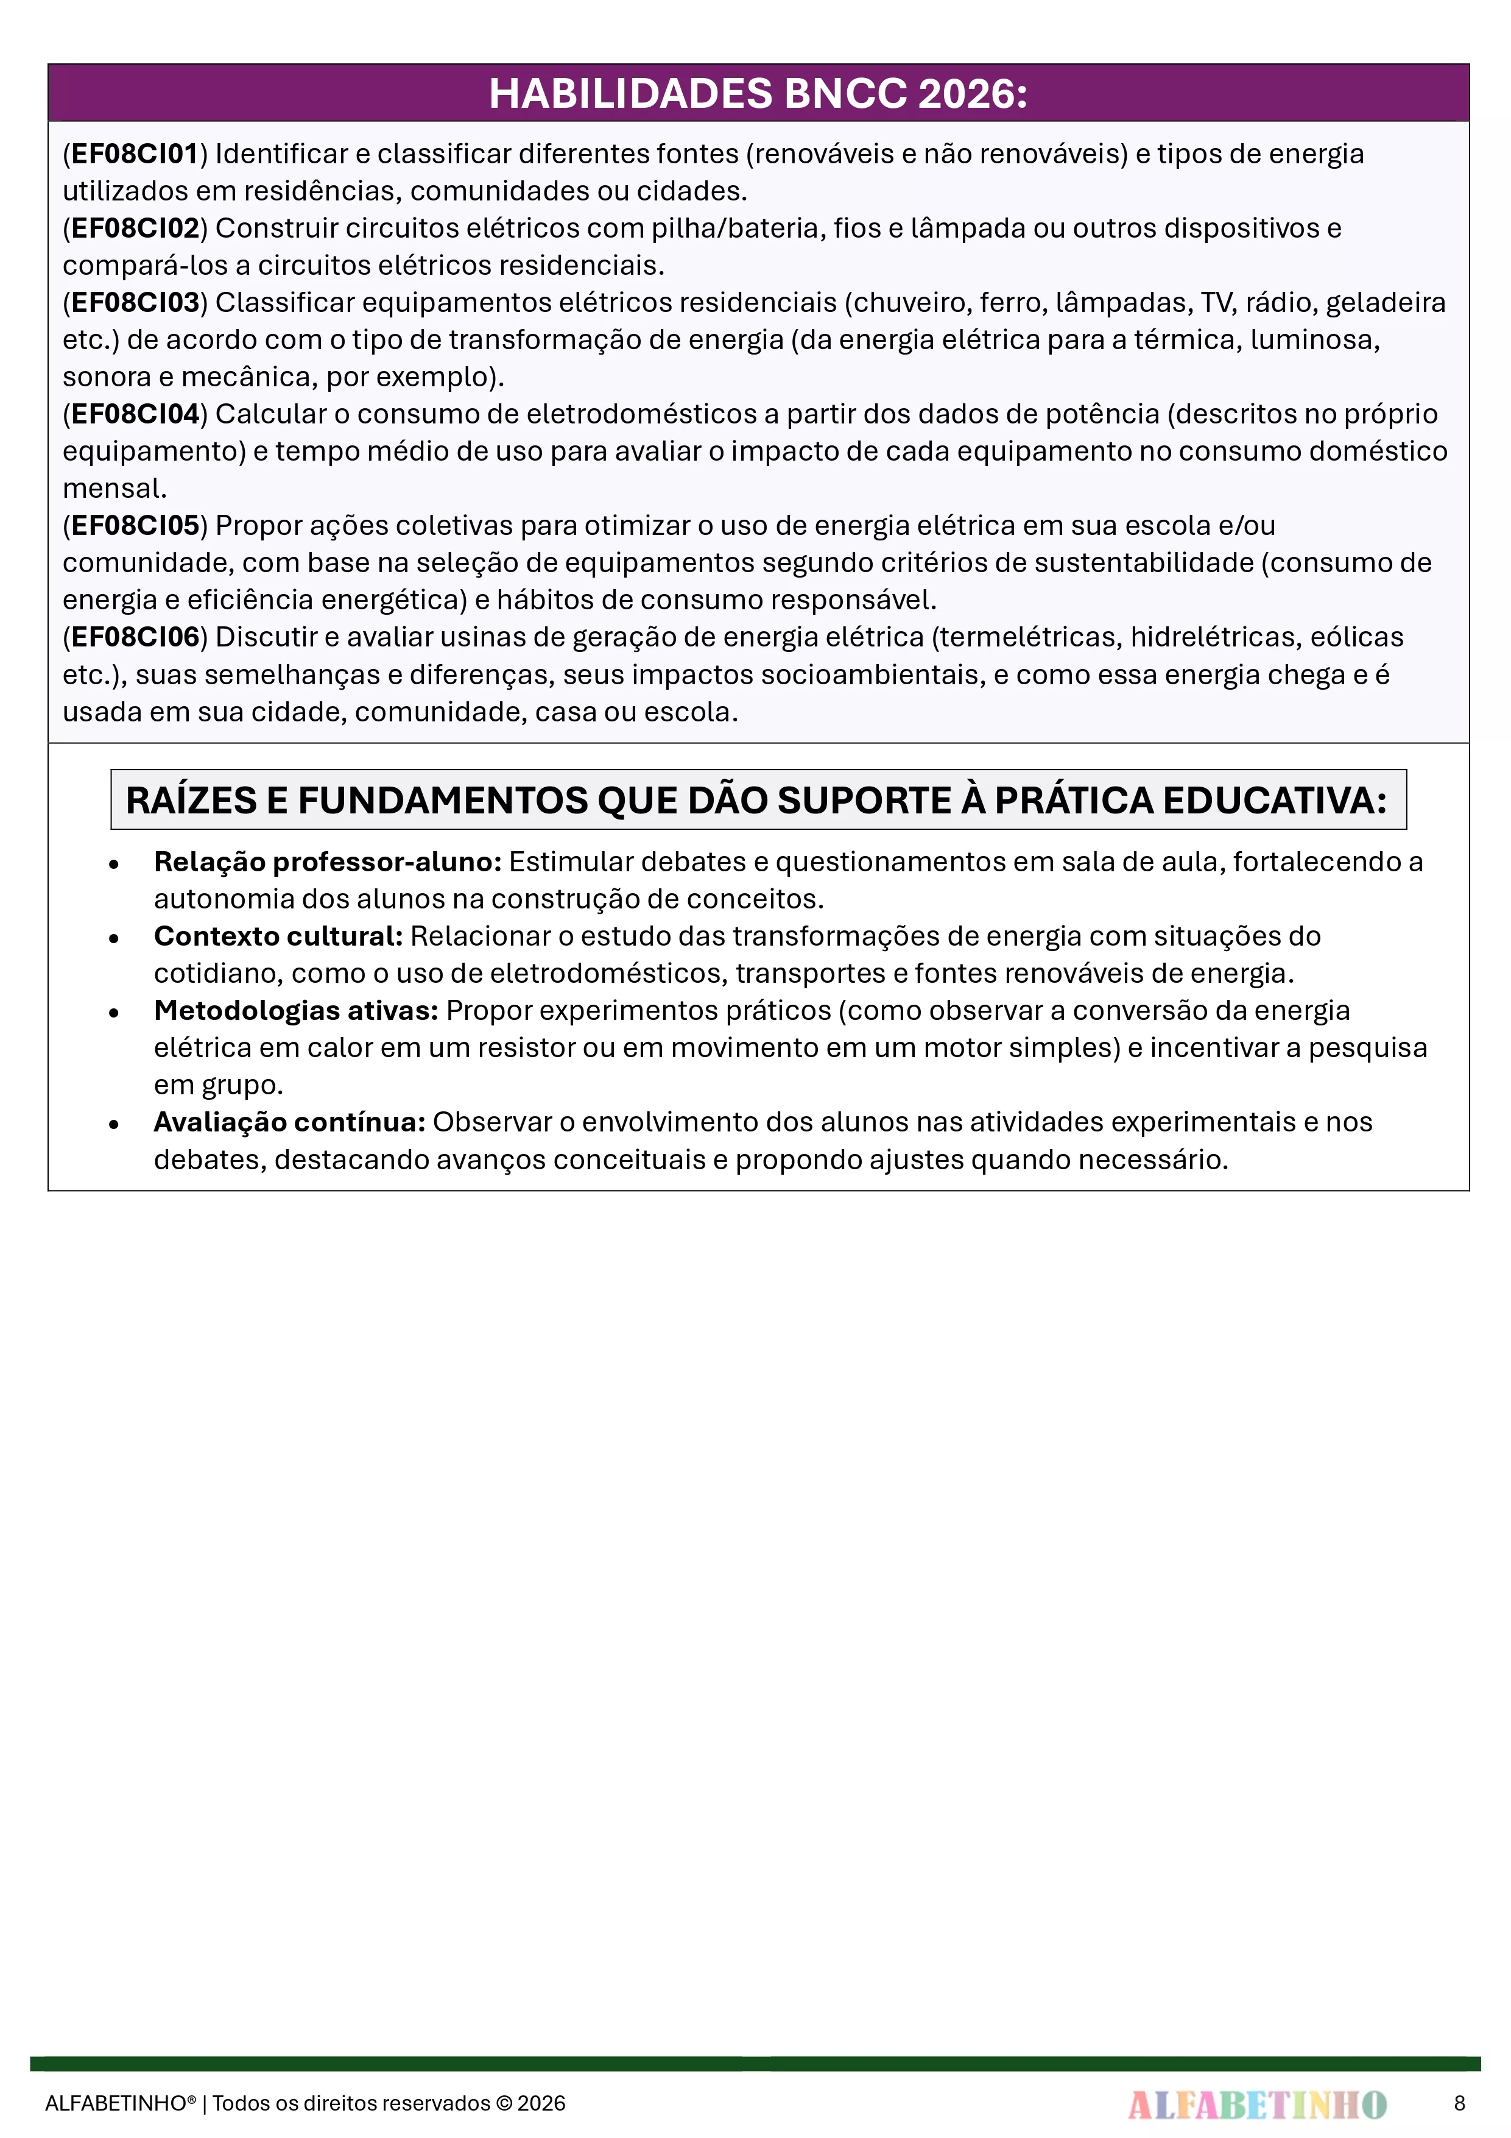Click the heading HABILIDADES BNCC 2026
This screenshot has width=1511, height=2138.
click(758, 94)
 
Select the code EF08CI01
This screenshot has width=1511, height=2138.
click(136, 154)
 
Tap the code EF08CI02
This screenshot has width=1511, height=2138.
click(136, 228)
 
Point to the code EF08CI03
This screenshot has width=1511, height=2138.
click(136, 303)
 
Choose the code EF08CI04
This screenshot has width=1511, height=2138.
click(136, 414)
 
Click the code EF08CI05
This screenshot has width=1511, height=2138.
click(136, 526)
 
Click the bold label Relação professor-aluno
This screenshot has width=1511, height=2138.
click(327, 862)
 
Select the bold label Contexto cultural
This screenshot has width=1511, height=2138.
click(278, 936)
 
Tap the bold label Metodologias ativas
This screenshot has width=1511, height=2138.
click(295, 1011)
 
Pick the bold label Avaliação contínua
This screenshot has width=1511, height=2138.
click(289, 1123)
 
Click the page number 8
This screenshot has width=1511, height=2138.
click(1459, 2103)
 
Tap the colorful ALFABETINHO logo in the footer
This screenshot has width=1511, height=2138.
click(1257, 2103)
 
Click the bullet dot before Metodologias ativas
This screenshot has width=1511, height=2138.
click(113, 1013)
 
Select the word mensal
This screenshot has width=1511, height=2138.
click(113, 489)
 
